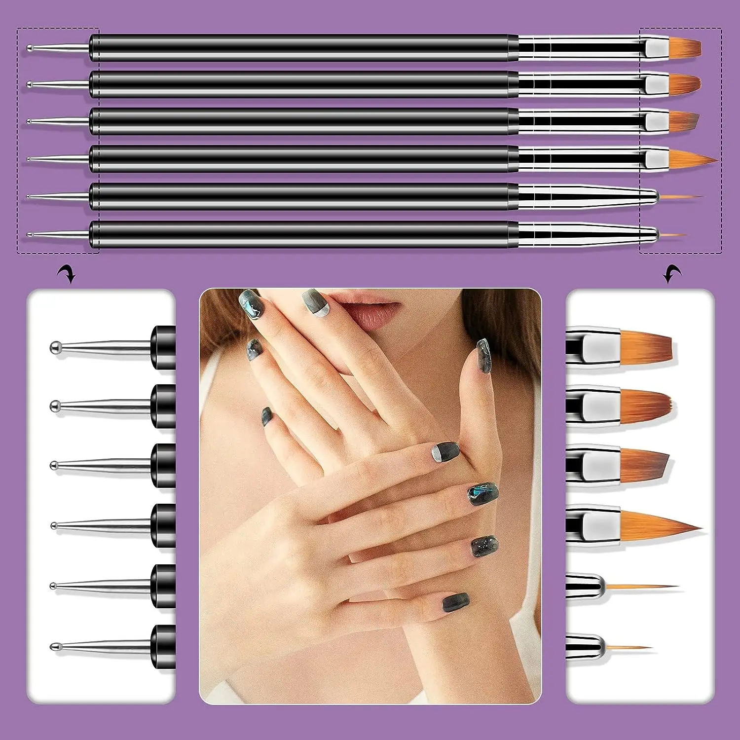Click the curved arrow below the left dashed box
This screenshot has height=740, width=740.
pyautogui.click(x=66, y=273)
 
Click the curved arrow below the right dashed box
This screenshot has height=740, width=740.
pyautogui.click(x=672, y=273)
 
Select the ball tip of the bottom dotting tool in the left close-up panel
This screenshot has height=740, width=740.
pyautogui.click(x=54, y=646)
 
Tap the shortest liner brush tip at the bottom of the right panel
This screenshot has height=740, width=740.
pyautogui.click(x=629, y=647)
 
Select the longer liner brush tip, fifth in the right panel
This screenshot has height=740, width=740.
pyautogui.click(x=641, y=587)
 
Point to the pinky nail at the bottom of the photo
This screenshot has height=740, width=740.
pyautogui.click(x=455, y=603)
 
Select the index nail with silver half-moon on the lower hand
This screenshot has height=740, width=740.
pyautogui.click(x=445, y=451)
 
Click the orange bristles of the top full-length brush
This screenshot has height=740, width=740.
pyautogui.click(x=686, y=47)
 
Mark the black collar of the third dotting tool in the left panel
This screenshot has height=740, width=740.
pyautogui.click(x=163, y=466)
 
